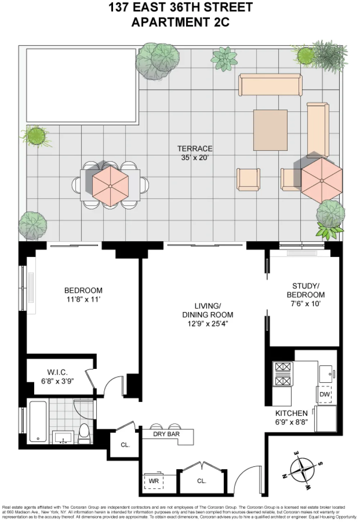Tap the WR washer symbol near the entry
click(154, 481)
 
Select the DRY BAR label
click(166, 434)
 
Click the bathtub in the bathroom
click(38, 421)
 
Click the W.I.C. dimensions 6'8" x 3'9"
click(58, 381)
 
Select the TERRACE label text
click(195, 148)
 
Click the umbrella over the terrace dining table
click(111, 186)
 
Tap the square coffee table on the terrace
click(270, 130)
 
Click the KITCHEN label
click(291, 413)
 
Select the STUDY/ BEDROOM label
click(306, 290)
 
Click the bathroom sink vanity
click(63, 437)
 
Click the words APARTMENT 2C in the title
click(180, 22)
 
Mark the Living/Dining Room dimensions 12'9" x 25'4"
click(207, 324)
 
